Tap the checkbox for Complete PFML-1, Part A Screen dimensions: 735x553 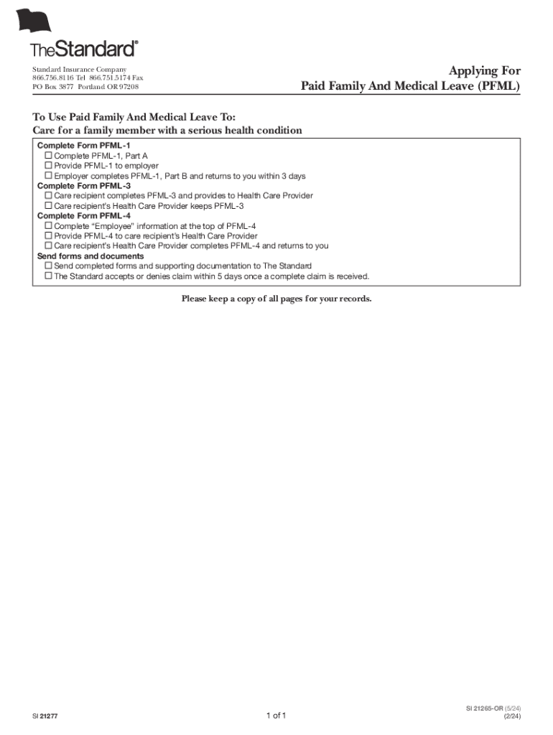point(49,156)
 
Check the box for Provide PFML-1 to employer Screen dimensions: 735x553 point(49,166)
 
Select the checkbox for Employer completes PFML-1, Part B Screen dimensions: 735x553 point(49,176)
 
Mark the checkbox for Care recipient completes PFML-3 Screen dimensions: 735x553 point(49,196)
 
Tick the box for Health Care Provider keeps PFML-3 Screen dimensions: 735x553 point(49,206)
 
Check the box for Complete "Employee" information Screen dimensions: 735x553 point(49,226)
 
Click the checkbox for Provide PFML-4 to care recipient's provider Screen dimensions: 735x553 point(49,236)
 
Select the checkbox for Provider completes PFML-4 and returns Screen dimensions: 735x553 point(49,246)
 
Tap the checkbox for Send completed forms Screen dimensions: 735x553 point(49,266)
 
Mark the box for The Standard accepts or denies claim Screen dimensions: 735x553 point(49,276)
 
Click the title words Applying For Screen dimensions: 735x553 point(485,70)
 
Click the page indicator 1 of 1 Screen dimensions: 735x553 point(276,716)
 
